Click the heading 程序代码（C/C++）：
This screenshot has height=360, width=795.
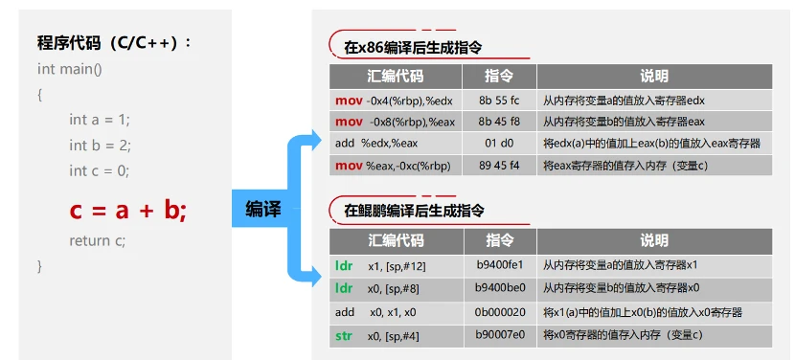point(114,43)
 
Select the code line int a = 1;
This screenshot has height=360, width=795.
point(99,120)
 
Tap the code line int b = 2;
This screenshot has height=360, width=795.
point(99,146)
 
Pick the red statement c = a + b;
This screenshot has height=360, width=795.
point(127,211)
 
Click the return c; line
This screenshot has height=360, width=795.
point(97,241)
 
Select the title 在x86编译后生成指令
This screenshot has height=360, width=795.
point(413,47)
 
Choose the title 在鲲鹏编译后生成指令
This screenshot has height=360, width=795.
point(414,211)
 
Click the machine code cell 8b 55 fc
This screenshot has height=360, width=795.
point(499,100)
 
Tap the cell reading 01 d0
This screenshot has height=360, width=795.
point(499,144)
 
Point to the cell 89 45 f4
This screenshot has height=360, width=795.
point(499,166)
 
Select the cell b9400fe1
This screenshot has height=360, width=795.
point(500,264)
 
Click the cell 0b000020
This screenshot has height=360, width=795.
point(500,312)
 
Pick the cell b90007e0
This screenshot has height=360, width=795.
point(500,335)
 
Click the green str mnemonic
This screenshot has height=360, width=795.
point(344,335)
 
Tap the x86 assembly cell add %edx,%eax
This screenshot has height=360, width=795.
point(376,144)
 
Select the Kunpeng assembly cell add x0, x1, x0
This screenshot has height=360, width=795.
point(375,312)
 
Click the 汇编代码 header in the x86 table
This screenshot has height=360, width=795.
point(395,77)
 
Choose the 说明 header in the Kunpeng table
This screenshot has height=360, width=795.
point(654,240)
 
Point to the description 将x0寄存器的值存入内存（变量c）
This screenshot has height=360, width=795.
point(623,335)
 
